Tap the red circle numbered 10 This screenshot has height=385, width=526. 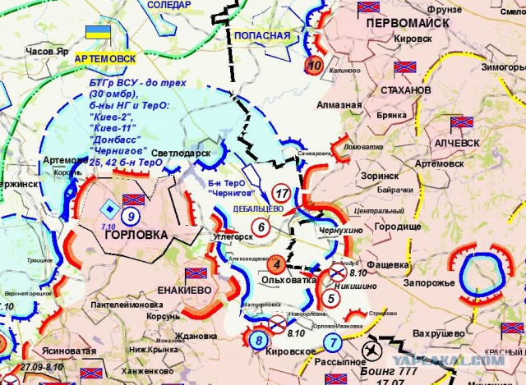pos(314,66)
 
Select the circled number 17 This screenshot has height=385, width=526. pos(282,195)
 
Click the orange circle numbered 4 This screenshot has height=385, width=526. pos(277,264)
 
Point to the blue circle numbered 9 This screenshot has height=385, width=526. pos(131,217)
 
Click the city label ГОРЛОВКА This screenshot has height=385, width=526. pos(136,235)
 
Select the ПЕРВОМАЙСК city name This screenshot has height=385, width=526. pos(407,23)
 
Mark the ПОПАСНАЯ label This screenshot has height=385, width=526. pos(262,36)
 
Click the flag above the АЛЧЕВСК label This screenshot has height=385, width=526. pos(462,124)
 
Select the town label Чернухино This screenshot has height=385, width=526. pos(339,231)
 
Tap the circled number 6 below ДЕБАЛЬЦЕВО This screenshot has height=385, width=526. pos(261,227)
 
